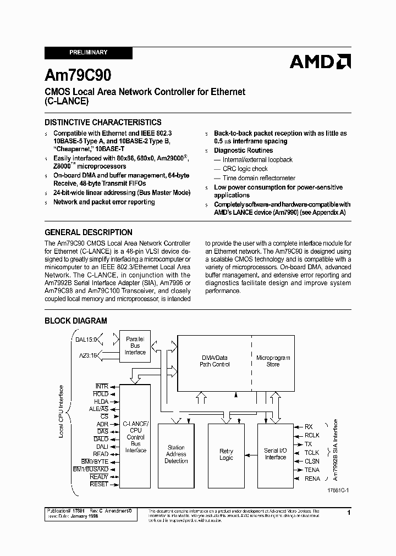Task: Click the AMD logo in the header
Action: coord(320,61)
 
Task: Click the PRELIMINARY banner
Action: coord(88,53)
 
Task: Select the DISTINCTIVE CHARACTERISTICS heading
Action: coord(103,123)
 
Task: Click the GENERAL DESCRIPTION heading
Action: coord(88,232)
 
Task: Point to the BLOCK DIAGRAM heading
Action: coord(75,320)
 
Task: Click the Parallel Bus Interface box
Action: coord(135,346)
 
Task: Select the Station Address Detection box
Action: coord(176,454)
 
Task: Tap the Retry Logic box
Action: coord(226,454)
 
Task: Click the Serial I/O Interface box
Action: coord(276,454)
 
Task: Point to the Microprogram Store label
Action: coord(273,360)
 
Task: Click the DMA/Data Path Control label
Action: coord(215,360)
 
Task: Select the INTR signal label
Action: coord(102,387)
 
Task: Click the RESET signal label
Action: coord(99,485)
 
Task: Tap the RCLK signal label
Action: coord(312,435)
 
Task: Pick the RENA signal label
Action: coord(312,479)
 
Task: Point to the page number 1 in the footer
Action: coord(349,512)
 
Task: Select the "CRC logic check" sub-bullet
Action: coord(245,169)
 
